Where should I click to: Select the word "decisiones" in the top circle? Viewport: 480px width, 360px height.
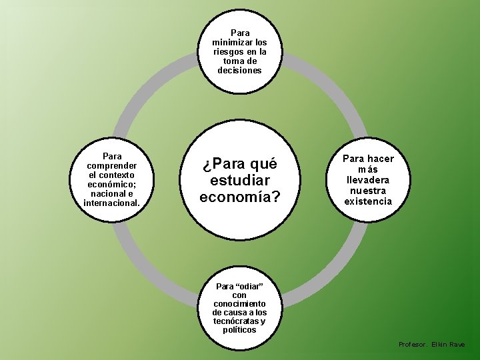[x=239, y=70]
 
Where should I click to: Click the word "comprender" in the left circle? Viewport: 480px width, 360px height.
[x=112, y=165]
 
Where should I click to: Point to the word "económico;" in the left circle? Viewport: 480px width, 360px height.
[x=112, y=183]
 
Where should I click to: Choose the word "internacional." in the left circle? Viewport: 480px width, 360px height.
[x=112, y=202]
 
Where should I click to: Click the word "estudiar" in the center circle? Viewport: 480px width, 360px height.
[x=239, y=180]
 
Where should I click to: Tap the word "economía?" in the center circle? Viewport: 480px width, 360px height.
[x=239, y=197]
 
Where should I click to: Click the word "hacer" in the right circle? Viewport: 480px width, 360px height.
[x=381, y=159]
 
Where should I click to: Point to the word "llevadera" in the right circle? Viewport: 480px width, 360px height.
[x=368, y=180]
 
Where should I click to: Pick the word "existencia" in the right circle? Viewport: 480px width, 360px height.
[x=368, y=201]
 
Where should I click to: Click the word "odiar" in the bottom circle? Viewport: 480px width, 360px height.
[x=249, y=286]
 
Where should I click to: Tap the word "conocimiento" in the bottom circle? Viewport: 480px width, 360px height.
[x=239, y=303]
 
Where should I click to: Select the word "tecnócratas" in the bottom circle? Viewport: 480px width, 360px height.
[x=233, y=321]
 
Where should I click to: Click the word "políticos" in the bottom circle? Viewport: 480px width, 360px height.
[x=239, y=329]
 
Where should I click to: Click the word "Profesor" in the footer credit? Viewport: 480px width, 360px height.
[x=412, y=344]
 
